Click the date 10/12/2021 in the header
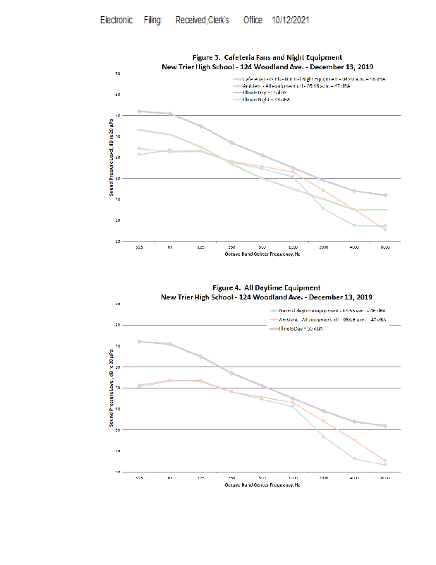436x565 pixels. (290, 20)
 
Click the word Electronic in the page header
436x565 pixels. (116, 20)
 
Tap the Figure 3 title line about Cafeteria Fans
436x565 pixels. (267, 56)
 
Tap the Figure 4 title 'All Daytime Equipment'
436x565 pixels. (267, 287)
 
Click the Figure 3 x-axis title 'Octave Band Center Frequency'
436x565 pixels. (262, 254)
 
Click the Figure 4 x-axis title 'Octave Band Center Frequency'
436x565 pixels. (262, 484)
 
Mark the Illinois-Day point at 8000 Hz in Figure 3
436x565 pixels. (385, 195)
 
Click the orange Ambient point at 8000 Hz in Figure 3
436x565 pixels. (385, 230)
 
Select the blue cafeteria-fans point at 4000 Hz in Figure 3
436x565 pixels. (354, 225)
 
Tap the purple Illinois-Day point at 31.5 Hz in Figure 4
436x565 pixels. (139, 341)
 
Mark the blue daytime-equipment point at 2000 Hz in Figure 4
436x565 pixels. (323, 436)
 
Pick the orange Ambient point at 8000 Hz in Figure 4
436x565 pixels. (385, 460)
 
